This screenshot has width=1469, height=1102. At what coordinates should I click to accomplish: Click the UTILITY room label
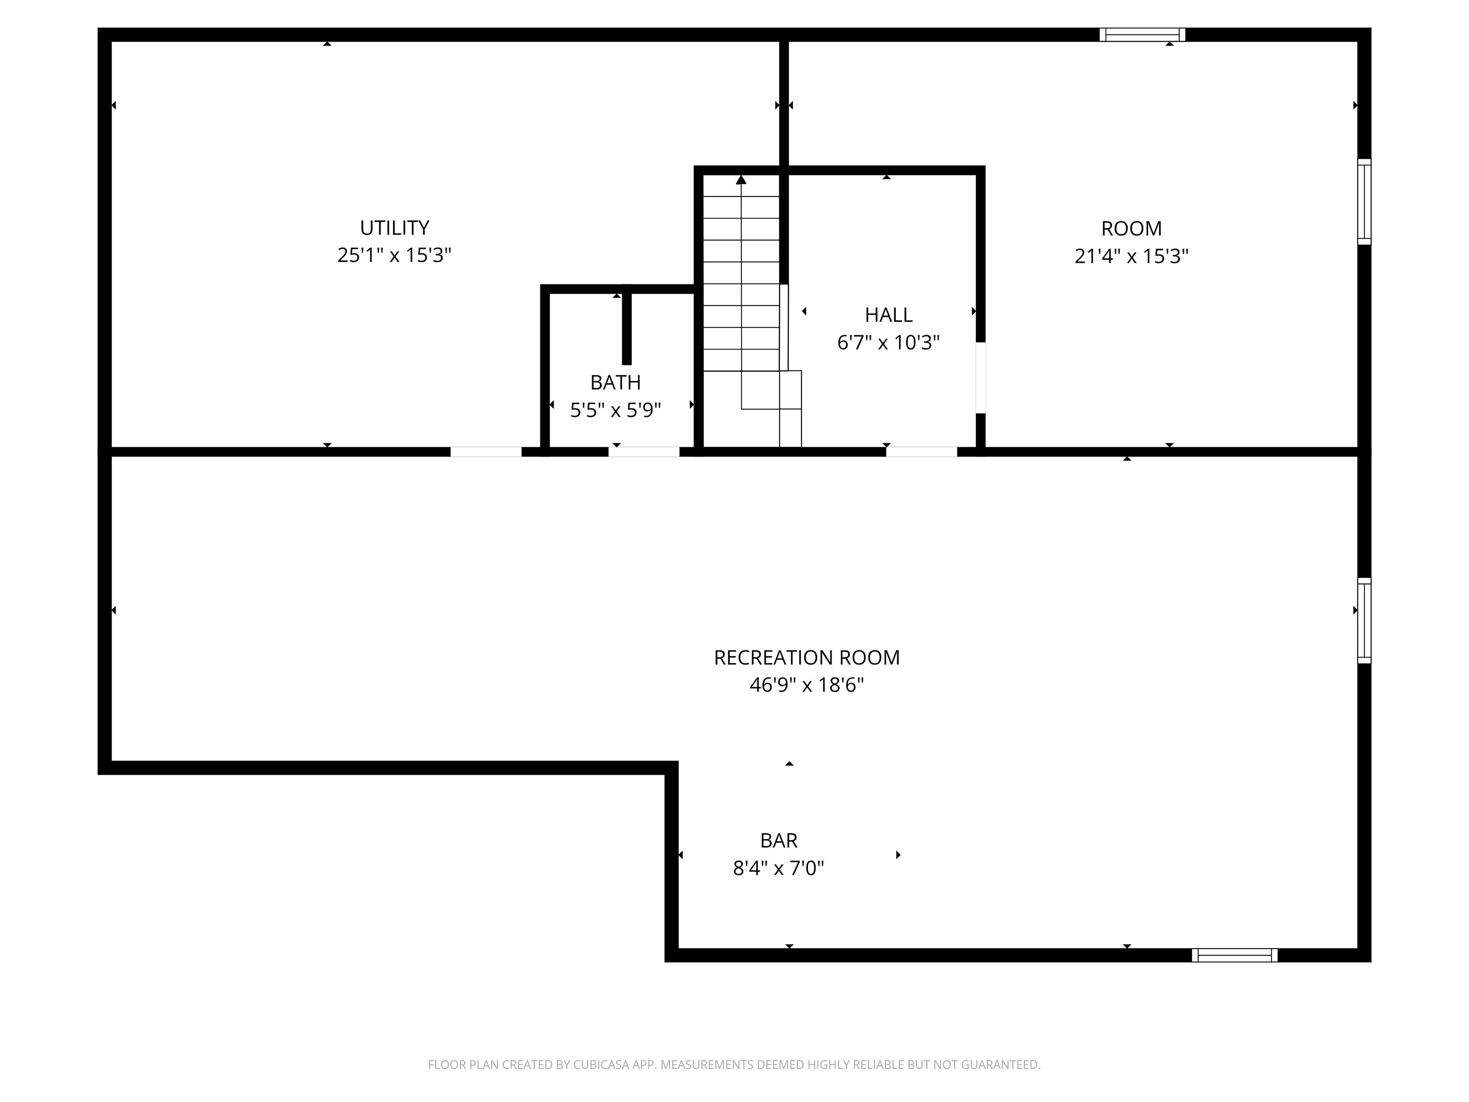click(x=395, y=228)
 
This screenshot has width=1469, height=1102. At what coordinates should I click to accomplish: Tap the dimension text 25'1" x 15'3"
click(x=395, y=256)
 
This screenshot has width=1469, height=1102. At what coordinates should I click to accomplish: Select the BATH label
click(x=615, y=383)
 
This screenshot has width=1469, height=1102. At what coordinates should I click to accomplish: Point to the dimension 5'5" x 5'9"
click(x=615, y=410)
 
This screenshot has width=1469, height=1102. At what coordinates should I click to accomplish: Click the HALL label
click(x=888, y=315)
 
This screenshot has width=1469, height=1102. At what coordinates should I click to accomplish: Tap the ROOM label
click(x=1131, y=229)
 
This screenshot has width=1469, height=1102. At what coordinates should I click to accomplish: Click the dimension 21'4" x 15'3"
click(x=1131, y=256)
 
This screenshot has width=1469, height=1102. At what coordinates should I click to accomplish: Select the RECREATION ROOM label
click(x=807, y=658)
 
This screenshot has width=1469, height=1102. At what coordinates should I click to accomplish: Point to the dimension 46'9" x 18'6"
click(x=807, y=685)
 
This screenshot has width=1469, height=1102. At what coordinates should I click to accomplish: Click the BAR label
click(x=778, y=841)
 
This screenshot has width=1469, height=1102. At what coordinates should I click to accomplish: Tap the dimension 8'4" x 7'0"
click(x=778, y=868)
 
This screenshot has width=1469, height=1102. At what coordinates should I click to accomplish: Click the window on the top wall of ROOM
click(x=1142, y=34)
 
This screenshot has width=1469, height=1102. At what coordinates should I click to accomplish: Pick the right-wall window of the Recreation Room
click(x=1364, y=620)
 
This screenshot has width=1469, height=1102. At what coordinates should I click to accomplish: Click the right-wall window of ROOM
click(x=1364, y=202)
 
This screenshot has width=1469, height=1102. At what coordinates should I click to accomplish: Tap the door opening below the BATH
click(x=644, y=452)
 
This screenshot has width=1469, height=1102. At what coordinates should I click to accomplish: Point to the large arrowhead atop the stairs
click(x=741, y=179)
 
